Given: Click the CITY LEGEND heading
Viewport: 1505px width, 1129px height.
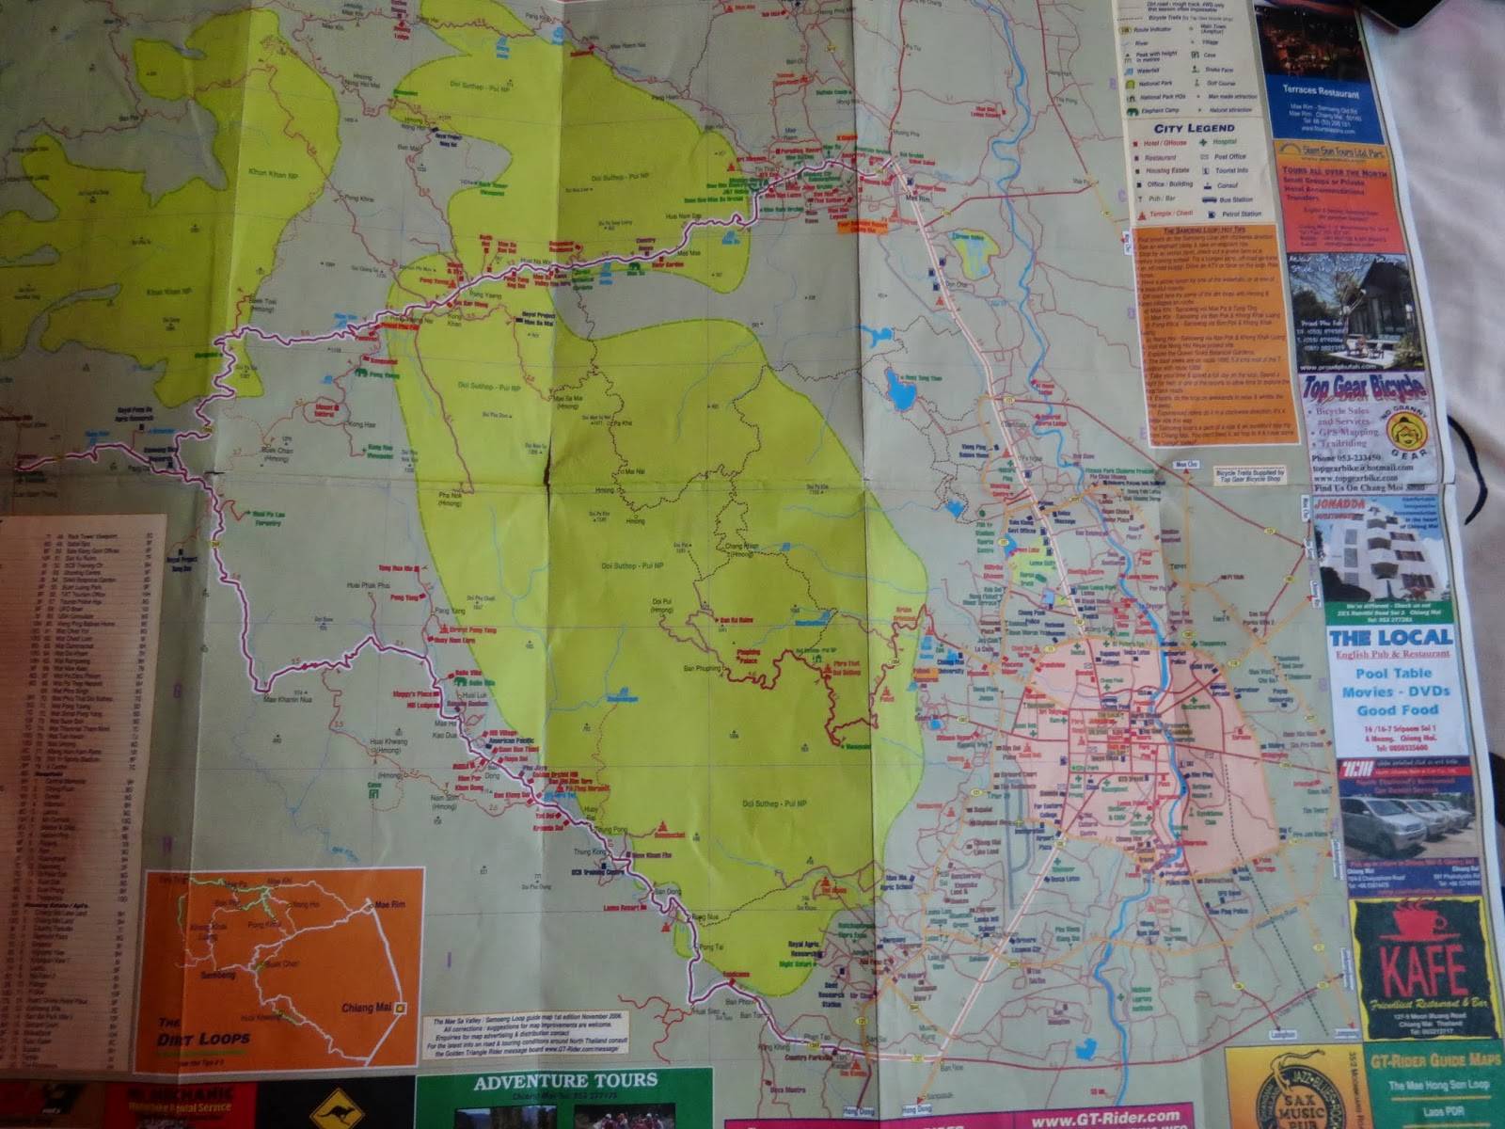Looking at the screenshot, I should pos(1194,128).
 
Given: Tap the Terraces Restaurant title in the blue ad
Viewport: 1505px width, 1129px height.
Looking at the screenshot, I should pos(1320,92).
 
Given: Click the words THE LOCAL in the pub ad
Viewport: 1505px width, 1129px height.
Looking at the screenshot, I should pos(1390,638).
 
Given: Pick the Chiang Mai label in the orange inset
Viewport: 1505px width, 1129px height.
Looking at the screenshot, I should pos(365,1008).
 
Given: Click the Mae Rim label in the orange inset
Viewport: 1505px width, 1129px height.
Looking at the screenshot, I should pos(389,904).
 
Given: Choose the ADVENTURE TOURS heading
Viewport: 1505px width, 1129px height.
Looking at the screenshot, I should pos(565,1082).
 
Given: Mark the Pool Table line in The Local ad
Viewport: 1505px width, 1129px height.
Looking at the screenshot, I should pos(1393,674).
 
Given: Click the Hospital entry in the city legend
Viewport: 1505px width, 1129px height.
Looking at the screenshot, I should pos(1224,142).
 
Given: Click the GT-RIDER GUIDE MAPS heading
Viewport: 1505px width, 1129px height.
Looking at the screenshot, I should pos(1435,1061).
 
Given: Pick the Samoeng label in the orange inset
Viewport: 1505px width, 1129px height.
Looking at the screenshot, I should pos(218,976).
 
